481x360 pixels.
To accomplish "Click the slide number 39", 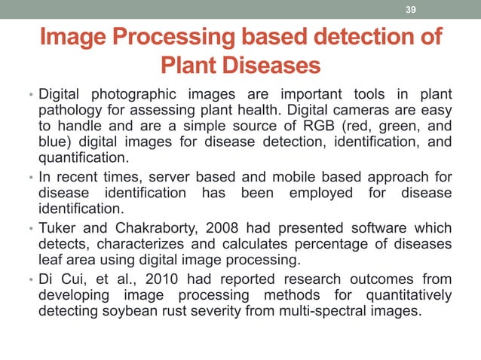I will click(411, 9).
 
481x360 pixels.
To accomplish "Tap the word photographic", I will click(127, 94).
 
